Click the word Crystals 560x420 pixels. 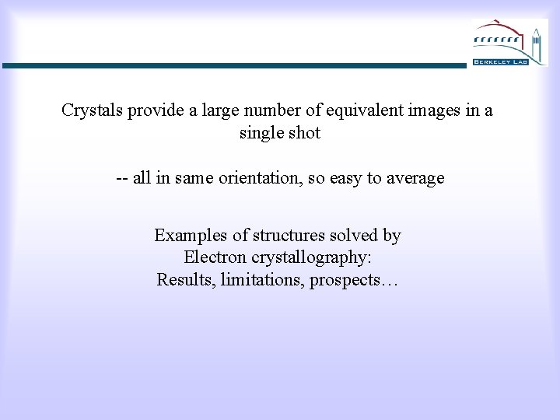[91, 110]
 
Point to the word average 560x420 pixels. [414, 178]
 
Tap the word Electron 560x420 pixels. [214, 257]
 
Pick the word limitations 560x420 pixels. [262, 280]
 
